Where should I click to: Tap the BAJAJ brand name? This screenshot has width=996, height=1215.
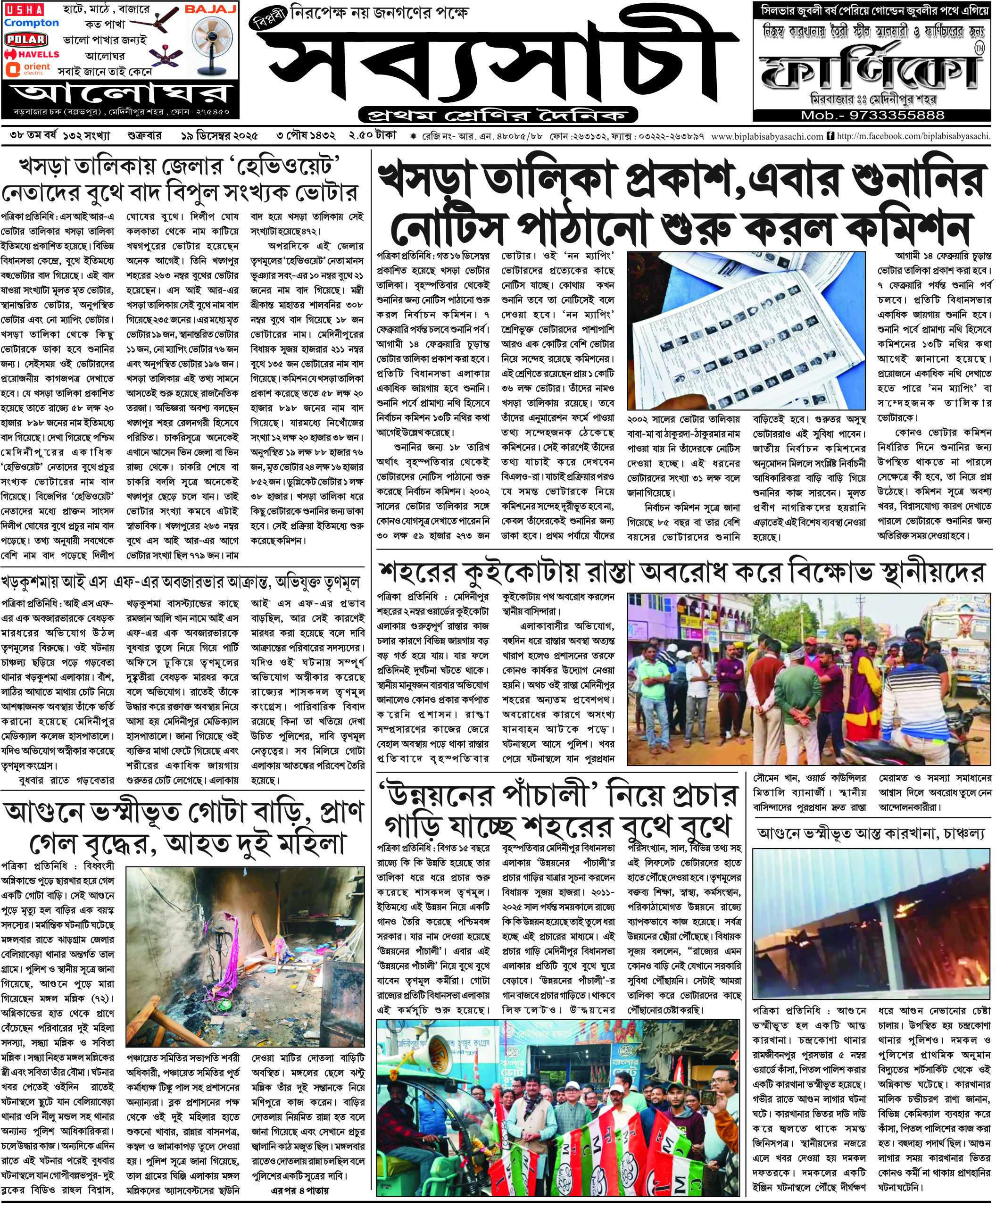point(210,9)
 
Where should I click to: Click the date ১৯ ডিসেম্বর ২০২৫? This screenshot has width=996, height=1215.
point(219,136)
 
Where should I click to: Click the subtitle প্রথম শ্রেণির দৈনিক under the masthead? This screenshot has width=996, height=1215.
point(498,115)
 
